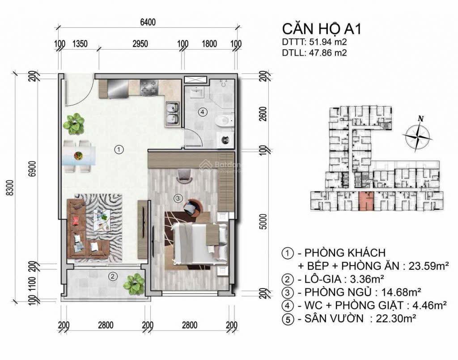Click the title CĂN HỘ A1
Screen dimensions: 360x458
(322, 29)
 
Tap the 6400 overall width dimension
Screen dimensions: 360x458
(148, 22)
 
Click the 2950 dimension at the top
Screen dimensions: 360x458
(140, 43)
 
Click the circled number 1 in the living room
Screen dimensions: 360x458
(119, 150)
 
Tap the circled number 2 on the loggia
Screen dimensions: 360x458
(114, 276)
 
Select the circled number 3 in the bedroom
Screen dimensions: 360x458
(178, 198)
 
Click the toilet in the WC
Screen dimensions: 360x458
(224, 120)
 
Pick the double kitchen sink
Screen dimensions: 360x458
(172, 113)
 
